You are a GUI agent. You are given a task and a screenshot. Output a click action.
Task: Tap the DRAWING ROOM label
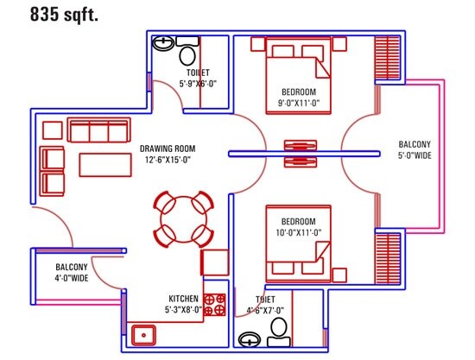[x=167, y=148]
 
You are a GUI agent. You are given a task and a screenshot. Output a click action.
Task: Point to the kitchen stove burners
[x=215, y=304]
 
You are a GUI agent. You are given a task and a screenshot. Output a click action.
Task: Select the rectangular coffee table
[x=104, y=164]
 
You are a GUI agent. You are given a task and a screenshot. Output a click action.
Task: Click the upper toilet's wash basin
[x=164, y=43]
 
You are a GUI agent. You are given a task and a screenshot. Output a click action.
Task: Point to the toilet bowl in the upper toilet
[x=187, y=56]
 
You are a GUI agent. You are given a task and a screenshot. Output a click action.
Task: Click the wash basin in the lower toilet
[x=250, y=338]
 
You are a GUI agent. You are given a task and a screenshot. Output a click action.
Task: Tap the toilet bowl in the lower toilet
[x=278, y=330]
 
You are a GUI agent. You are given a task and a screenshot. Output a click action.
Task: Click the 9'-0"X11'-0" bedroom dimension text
[x=300, y=103]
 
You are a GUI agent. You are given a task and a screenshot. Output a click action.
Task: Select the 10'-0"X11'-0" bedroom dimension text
[x=300, y=232]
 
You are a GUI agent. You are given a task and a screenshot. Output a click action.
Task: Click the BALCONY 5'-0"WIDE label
[x=415, y=150]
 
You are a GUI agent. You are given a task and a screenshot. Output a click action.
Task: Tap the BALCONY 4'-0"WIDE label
[x=72, y=273]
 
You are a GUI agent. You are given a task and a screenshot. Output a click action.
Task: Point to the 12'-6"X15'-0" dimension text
[x=167, y=160]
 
